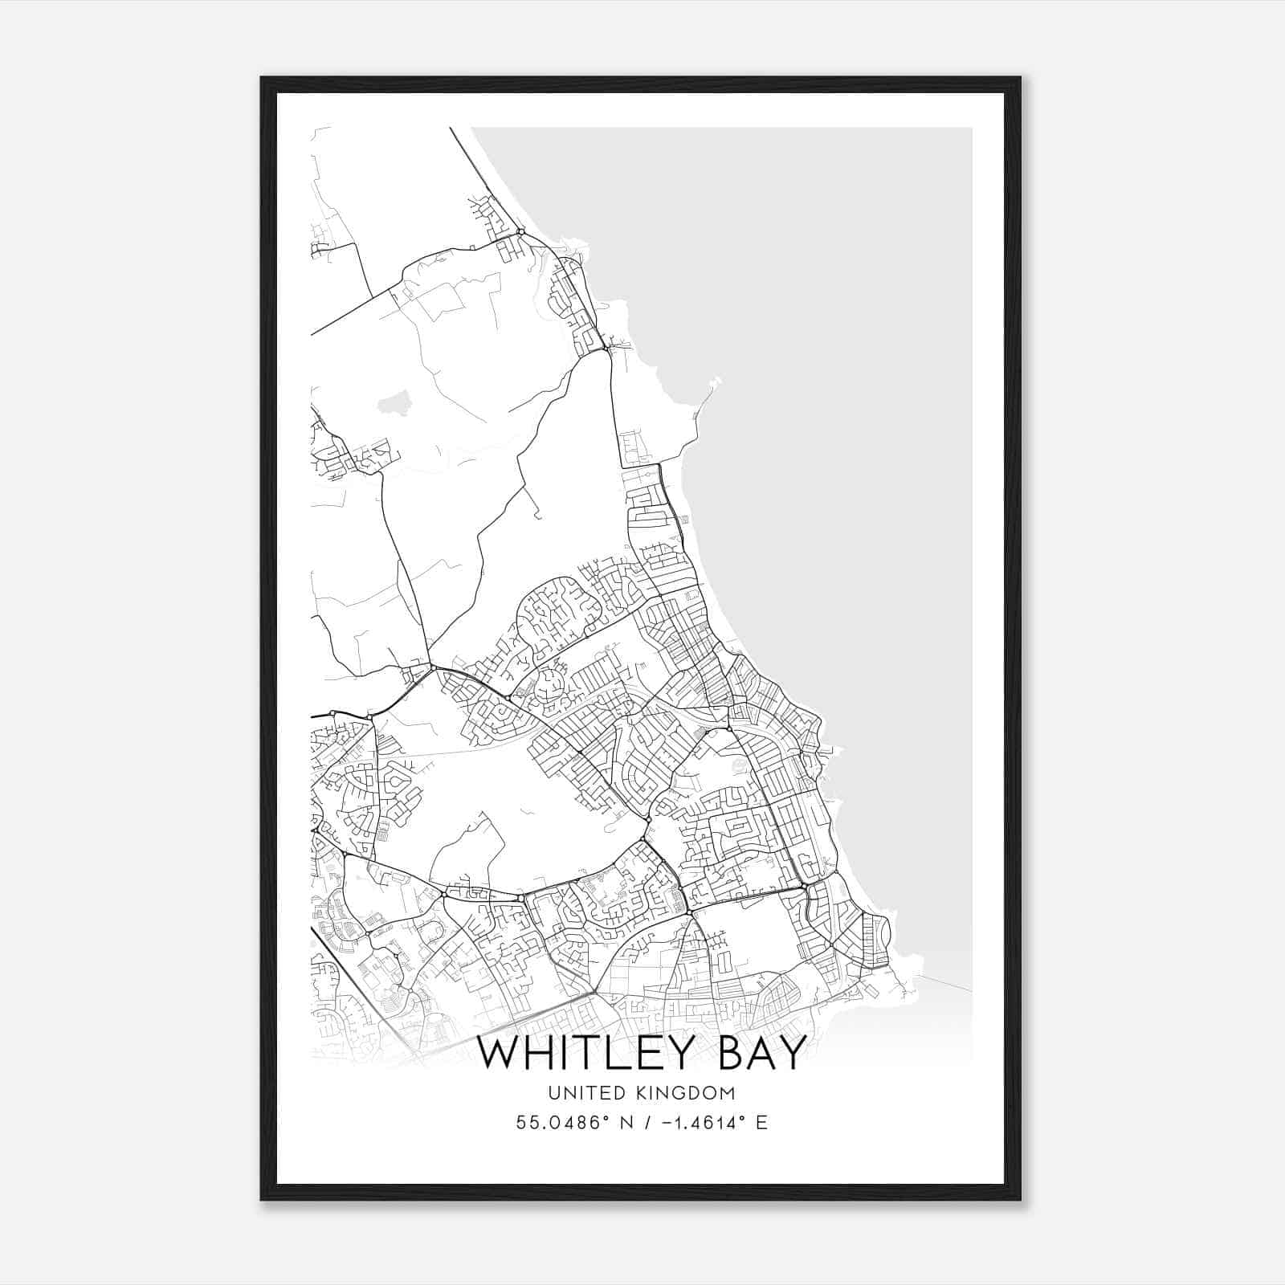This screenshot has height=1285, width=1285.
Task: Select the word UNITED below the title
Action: point(581,1092)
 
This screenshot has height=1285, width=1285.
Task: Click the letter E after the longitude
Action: point(761,1122)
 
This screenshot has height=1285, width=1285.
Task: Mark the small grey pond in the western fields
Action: point(391,402)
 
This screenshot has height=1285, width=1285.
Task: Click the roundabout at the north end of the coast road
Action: point(520,232)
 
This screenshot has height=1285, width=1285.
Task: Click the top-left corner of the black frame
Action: point(261,78)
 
